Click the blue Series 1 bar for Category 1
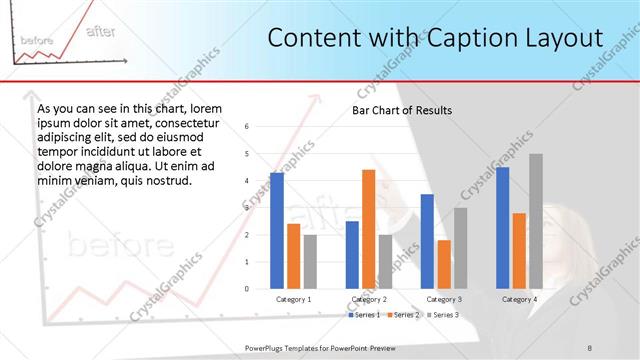point(277,231)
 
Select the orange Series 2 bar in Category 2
point(368,229)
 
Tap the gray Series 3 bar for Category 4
point(535,221)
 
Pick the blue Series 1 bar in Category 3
point(427,241)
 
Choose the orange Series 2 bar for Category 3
point(444,264)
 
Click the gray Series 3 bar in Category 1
point(310,262)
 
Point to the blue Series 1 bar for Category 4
point(502,228)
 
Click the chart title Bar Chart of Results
point(402,110)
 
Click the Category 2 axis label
point(369,299)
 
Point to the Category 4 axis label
point(518,299)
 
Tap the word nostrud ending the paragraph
point(167,180)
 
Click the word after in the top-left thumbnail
point(100,31)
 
